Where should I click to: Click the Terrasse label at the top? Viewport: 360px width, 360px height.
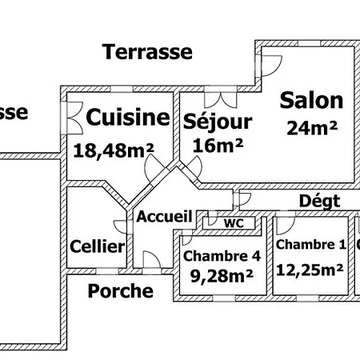(x=148, y=53)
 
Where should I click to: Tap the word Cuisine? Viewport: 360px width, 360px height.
(x=128, y=118)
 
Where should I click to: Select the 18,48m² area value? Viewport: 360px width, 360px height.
(x=114, y=149)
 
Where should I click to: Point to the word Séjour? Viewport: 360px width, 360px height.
(x=218, y=122)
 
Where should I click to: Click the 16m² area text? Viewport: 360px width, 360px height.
(x=218, y=146)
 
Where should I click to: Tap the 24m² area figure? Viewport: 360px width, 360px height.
(x=311, y=126)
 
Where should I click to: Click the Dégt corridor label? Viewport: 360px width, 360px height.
(x=320, y=200)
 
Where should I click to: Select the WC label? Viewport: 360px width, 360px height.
(x=234, y=222)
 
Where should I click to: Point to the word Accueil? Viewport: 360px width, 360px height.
(x=164, y=216)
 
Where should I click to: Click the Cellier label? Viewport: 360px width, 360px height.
(x=97, y=246)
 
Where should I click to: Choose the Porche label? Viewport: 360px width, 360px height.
(x=120, y=290)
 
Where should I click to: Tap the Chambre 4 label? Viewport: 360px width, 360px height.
(x=222, y=257)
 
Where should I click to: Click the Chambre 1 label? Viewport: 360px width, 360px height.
(x=311, y=246)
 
